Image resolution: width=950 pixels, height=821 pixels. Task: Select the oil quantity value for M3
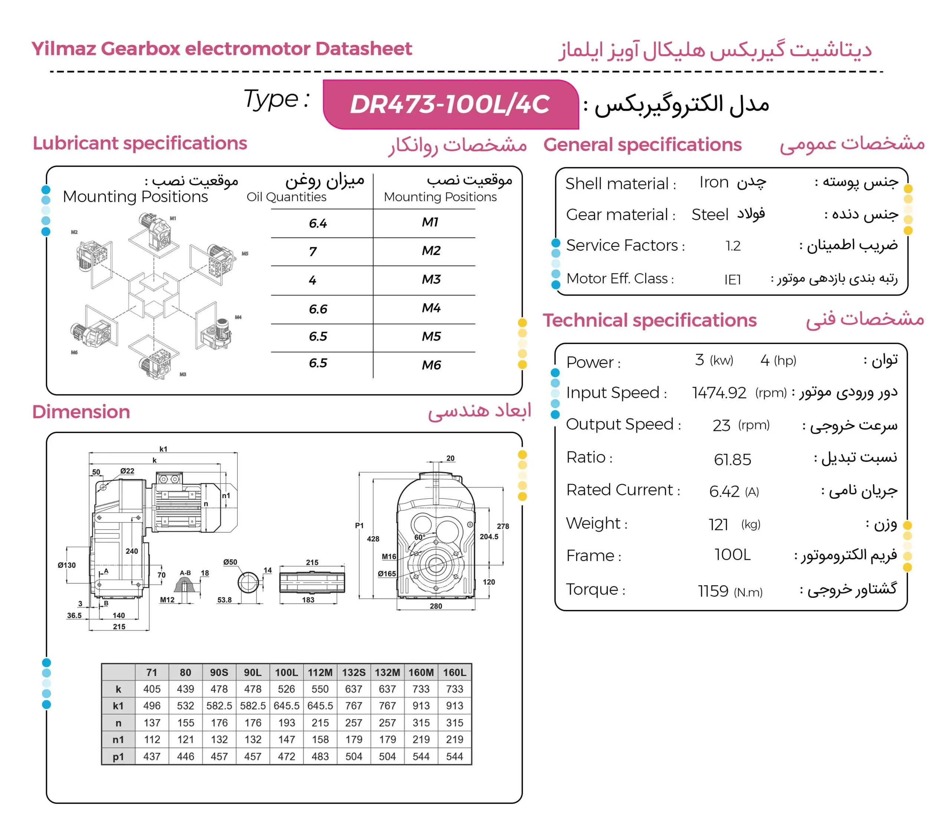coord(313,280)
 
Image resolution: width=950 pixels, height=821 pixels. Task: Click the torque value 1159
coord(713,591)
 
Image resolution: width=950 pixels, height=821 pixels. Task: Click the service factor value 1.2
coord(733,246)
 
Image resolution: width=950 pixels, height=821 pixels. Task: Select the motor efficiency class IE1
coord(733,279)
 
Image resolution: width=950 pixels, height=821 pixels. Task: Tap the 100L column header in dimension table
coord(286,672)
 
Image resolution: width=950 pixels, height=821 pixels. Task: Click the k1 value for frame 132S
coord(354,706)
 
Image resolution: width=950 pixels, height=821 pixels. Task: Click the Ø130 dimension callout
coord(66,565)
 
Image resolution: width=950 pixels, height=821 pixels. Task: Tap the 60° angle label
coord(420,537)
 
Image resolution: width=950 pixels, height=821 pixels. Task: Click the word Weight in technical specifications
coord(594,523)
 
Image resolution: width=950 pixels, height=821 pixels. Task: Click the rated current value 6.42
coord(724,491)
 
